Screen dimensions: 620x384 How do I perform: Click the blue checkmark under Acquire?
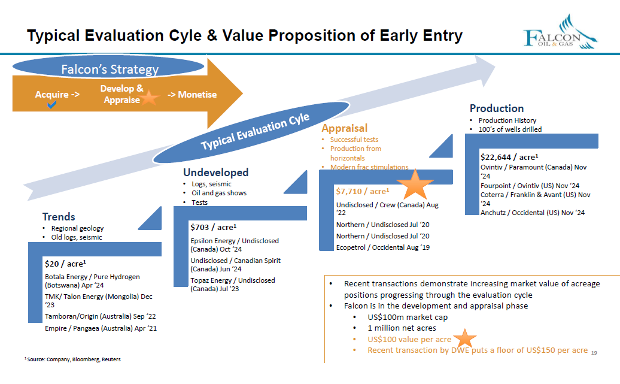[52, 104]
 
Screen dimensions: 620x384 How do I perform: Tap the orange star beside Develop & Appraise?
[149, 98]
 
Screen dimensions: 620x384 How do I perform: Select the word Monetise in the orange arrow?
[197, 95]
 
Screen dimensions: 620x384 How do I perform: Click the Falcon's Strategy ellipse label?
[110, 69]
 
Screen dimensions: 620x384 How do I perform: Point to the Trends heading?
[59, 216]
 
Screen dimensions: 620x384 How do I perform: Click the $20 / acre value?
[65, 264]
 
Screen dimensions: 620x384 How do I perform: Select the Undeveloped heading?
[216, 172]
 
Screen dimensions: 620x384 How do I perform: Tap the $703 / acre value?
[214, 227]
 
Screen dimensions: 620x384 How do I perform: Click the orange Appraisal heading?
[344, 128]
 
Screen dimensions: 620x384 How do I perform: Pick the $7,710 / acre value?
[363, 191]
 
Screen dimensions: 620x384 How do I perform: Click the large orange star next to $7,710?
[415, 185]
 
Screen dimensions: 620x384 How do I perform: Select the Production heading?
[497, 108]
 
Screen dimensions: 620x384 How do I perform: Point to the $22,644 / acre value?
[509, 157]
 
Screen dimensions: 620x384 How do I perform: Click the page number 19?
[594, 353]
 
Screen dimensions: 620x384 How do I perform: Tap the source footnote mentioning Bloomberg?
[73, 359]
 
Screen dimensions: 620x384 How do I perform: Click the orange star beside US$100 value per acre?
[464, 338]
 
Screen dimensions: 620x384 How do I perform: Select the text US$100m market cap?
[408, 317]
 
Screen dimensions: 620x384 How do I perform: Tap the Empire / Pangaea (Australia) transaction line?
[101, 328]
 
